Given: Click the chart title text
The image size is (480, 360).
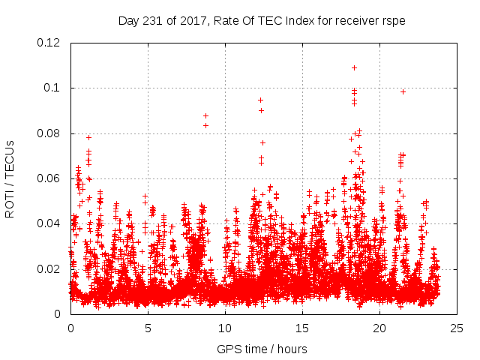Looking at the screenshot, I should pos(262,20).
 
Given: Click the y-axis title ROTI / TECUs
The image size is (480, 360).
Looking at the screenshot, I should pos(10,178).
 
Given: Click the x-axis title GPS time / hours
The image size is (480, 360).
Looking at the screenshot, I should pos(262,349).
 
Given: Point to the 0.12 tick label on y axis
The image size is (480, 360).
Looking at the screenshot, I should pos(51,43).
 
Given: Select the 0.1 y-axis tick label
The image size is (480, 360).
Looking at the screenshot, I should pos(54,88).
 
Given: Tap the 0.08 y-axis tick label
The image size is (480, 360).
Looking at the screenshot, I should pos(51,133).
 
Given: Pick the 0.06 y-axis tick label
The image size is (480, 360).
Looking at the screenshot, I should pos(51,178).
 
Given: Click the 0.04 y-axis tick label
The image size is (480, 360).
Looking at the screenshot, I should pos(51,223).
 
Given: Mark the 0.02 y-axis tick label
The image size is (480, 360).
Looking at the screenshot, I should pos(51,268).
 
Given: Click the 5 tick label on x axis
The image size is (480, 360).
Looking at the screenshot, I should pos(148,328).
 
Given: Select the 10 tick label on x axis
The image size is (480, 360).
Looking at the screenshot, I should pos(225,328).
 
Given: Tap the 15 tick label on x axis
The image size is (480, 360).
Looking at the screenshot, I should pos(302,328).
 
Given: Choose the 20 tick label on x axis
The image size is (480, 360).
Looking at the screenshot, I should pos(379,328).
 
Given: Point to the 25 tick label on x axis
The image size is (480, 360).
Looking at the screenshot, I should pos(457,328).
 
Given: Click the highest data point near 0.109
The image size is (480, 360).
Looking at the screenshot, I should pos(354,67).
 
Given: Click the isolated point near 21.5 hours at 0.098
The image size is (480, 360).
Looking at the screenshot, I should pos(403,91).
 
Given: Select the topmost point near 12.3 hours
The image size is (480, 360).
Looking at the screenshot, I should pos(260,100).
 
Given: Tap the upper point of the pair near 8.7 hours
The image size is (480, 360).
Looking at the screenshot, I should pos(205,115).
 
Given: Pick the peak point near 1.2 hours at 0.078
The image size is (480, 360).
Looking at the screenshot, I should pos(88,137).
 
